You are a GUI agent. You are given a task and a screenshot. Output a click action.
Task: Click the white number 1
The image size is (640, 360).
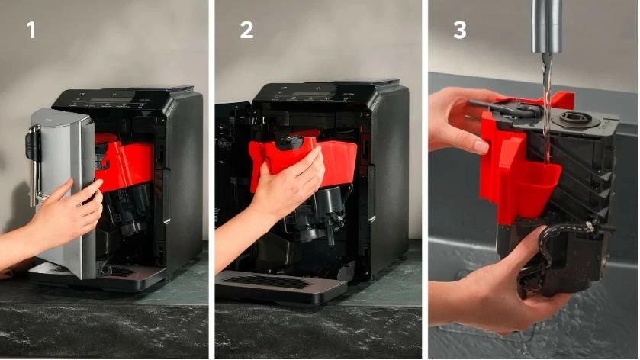(x=31, y=31)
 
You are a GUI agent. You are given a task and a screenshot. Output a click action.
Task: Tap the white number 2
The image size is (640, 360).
(x=246, y=31)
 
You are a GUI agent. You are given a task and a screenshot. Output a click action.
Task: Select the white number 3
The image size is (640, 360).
(x=459, y=31)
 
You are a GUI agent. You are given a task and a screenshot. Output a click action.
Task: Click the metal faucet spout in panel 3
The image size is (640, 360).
(x=546, y=27)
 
